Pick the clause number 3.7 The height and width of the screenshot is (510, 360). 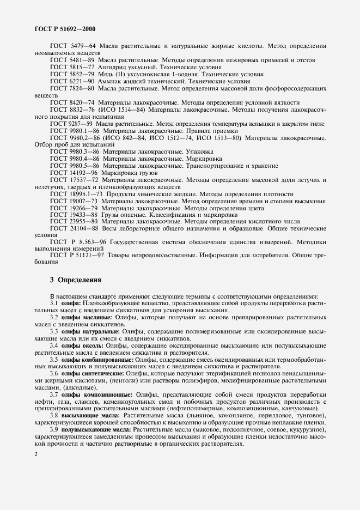[x=54, y=394]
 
